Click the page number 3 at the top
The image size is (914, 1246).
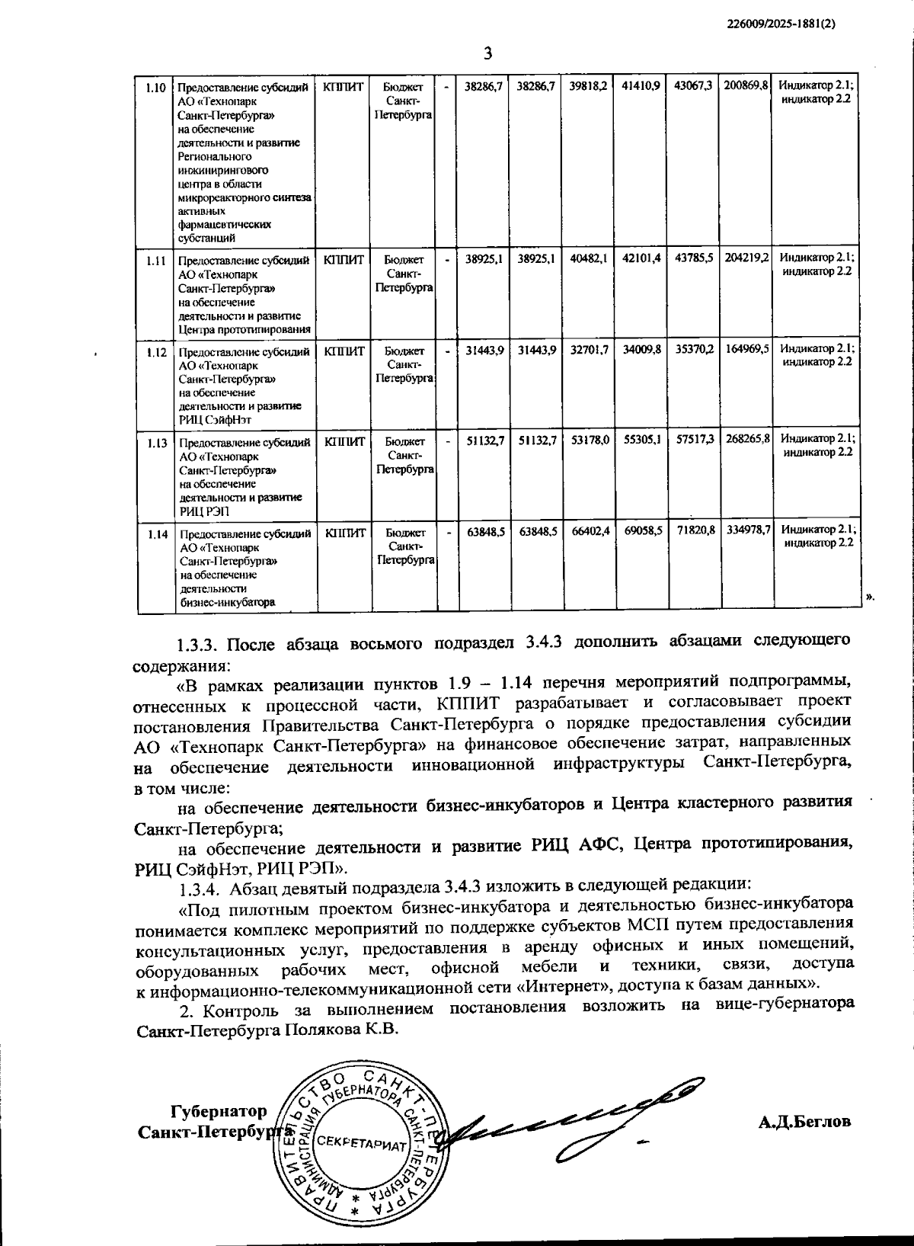tap(488, 53)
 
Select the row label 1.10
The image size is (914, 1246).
tap(155, 87)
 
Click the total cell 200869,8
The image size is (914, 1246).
tap(746, 86)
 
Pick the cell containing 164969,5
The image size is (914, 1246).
tap(747, 349)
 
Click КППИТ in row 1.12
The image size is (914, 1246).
tap(344, 351)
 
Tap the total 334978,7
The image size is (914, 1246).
tap(748, 530)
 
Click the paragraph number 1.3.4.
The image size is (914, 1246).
tap(200, 888)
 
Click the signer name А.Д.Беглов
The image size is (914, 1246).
tap(804, 1122)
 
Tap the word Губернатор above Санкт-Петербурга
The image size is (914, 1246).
tap(219, 1111)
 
